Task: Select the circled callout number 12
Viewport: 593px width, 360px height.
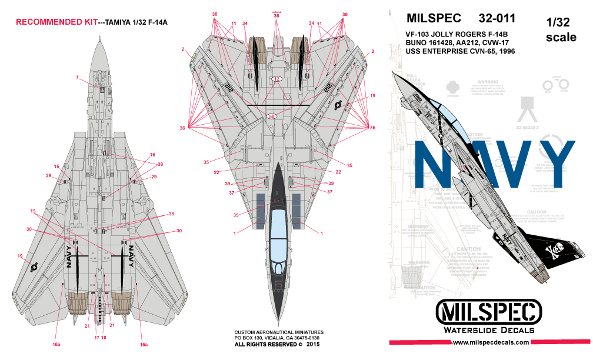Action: [x=277, y=79]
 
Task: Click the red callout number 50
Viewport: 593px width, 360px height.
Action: [x=272, y=116]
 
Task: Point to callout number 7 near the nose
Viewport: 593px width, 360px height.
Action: [x=77, y=78]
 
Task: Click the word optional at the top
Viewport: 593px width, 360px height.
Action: [x=276, y=11]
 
